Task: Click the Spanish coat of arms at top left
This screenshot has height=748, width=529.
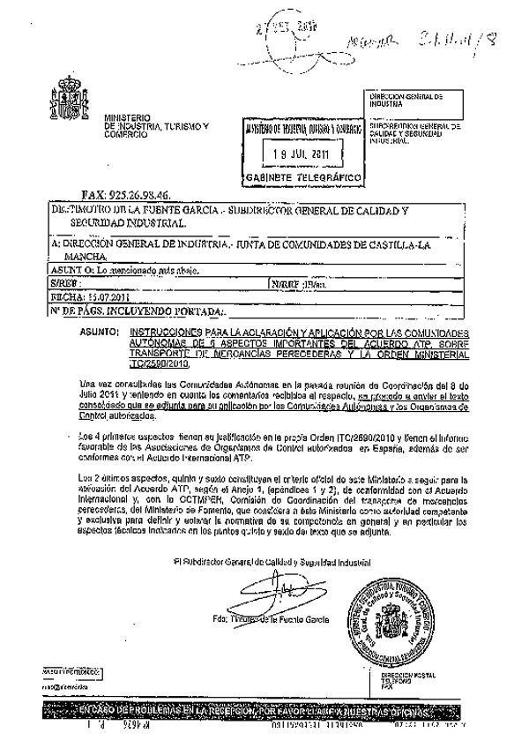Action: (x=70, y=102)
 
